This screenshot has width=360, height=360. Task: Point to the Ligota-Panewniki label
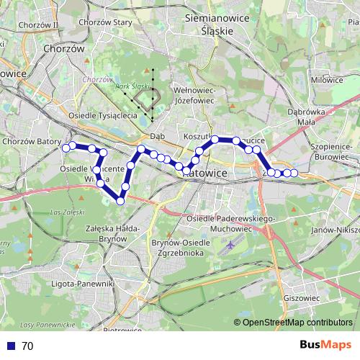click(x=84, y=284)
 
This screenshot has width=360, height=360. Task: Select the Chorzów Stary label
click(x=107, y=22)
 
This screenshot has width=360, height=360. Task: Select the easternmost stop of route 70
click(x=294, y=173)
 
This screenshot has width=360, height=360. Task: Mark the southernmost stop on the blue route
click(x=120, y=200)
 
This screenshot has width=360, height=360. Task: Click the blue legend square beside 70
click(x=8, y=346)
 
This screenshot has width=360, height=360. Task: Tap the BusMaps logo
click(x=325, y=345)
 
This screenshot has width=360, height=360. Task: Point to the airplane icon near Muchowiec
click(x=229, y=246)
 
